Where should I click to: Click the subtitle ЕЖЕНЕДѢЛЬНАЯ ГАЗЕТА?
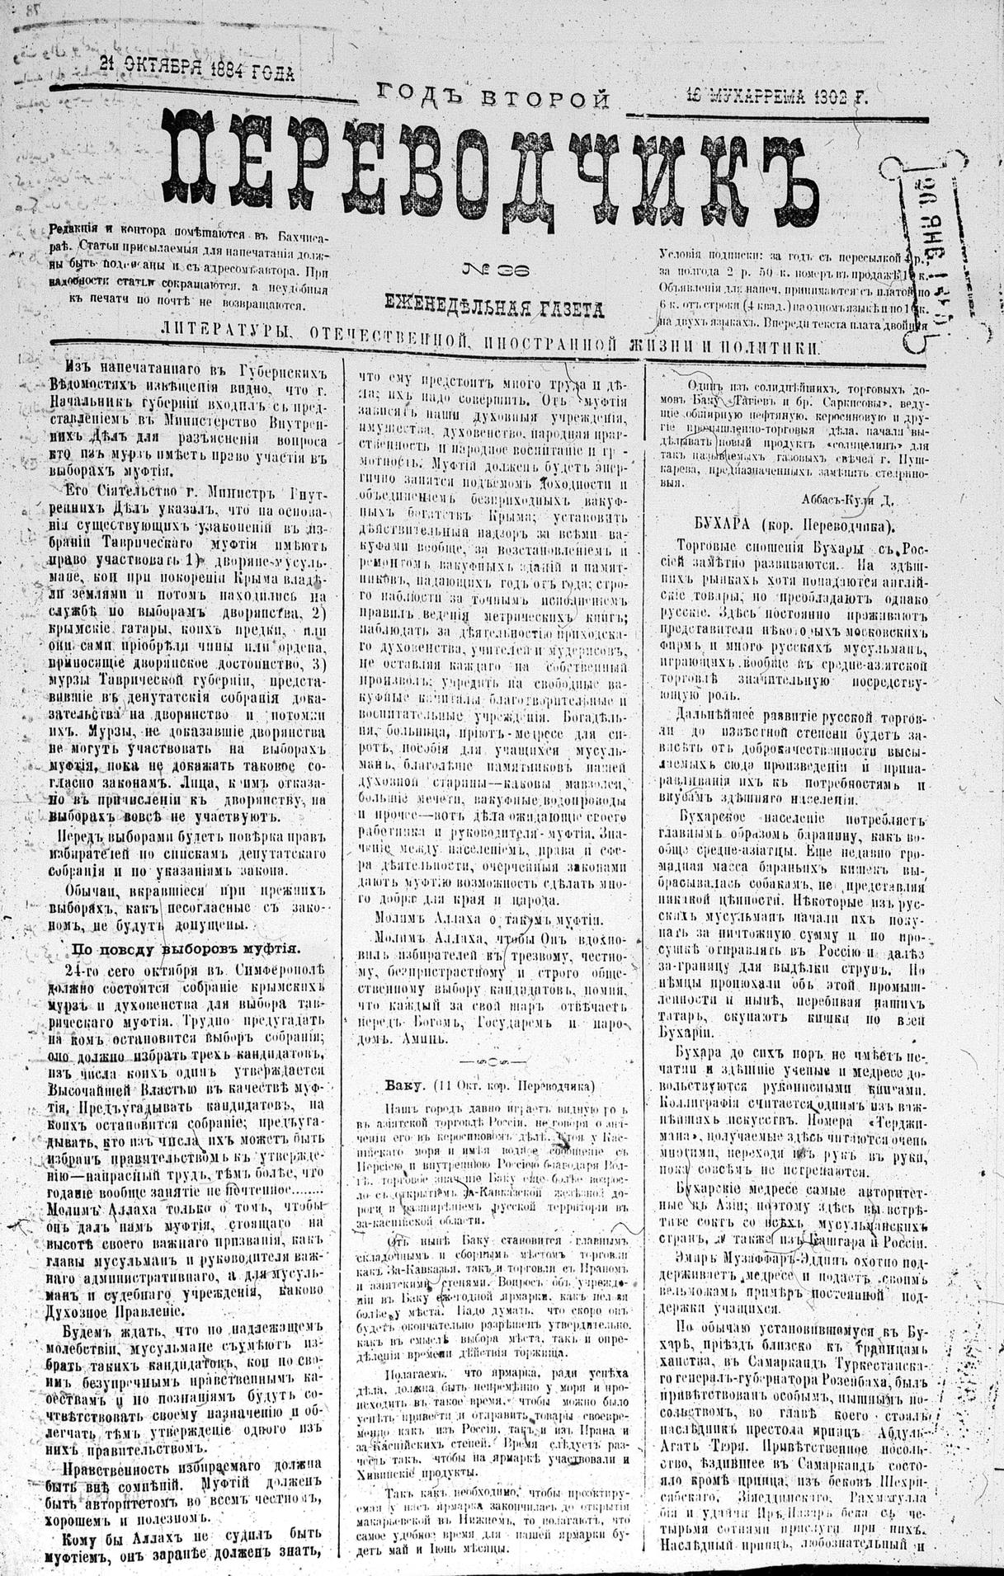coord(494,308)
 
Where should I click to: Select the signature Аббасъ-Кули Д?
coord(846,498)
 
